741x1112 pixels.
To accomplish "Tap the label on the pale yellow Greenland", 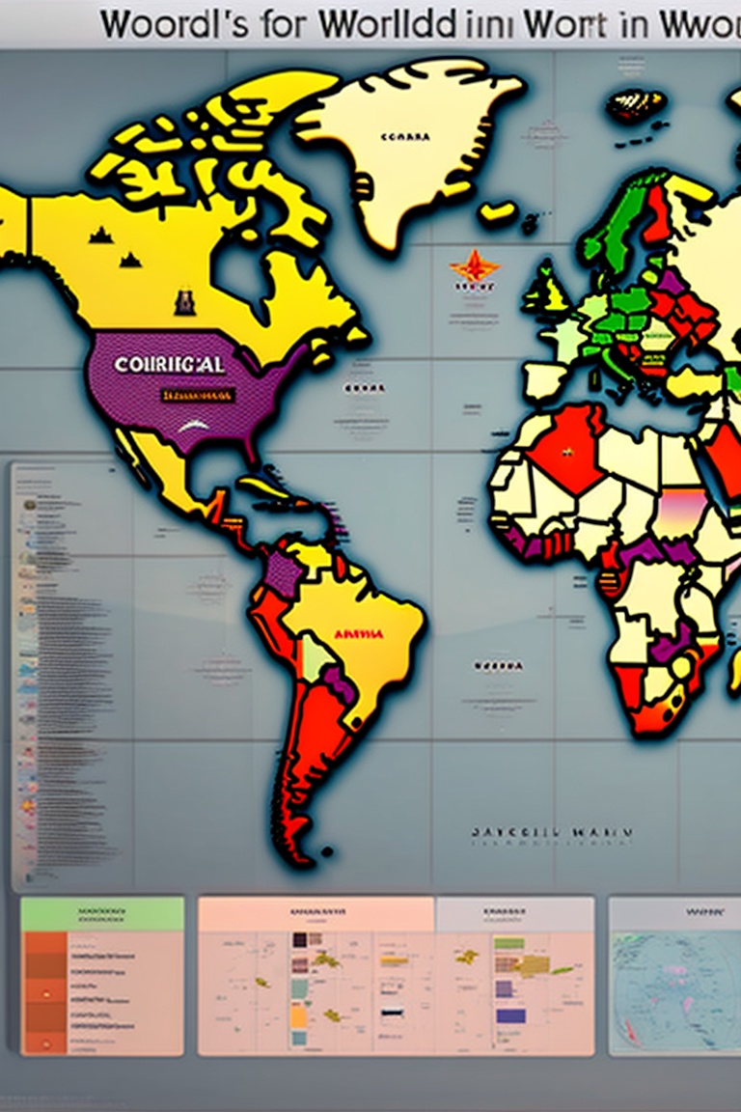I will point(404,137).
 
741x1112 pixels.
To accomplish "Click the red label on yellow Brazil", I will point(358,634).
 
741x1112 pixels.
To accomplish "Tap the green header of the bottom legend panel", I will point(102,912).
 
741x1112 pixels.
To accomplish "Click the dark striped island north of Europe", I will point(635,104).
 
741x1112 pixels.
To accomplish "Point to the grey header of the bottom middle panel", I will point(514,912).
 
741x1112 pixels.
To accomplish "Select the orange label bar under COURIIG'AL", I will point(198,395).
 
